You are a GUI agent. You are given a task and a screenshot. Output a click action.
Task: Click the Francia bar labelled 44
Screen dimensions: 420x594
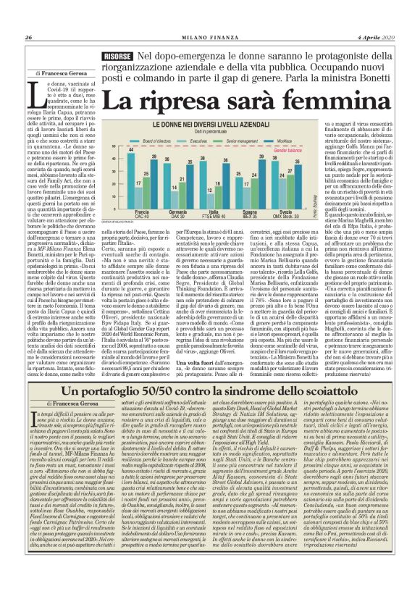click(x=131, y=170)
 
